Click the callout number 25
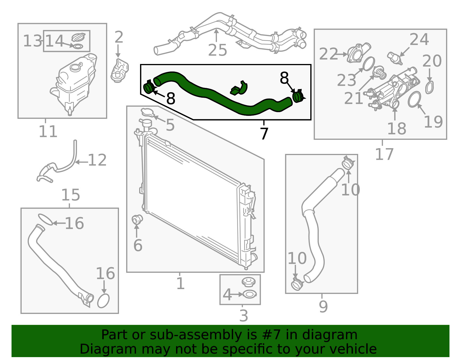218,50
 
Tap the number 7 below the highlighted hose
264,134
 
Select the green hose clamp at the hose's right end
298,96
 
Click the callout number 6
138,245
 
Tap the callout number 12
97,160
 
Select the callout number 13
33,41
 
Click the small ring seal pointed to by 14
78,46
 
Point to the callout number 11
48,131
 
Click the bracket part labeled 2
120,70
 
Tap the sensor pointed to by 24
395,58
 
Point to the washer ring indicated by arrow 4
250,294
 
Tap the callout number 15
71,195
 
